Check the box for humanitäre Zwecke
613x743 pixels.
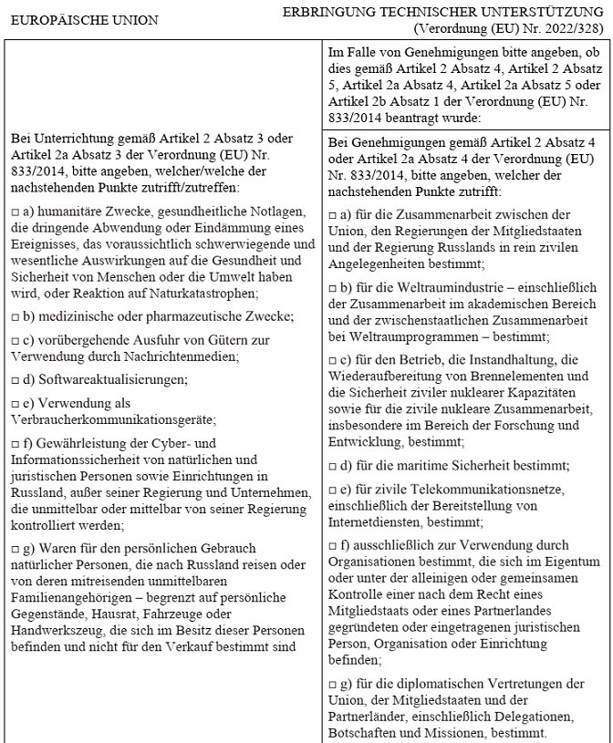16,212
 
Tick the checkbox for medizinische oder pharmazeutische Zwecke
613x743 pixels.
16,316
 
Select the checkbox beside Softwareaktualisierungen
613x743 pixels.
16,378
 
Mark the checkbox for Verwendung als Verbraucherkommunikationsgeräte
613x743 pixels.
16,402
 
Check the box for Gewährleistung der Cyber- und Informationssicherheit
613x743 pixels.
16,443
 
